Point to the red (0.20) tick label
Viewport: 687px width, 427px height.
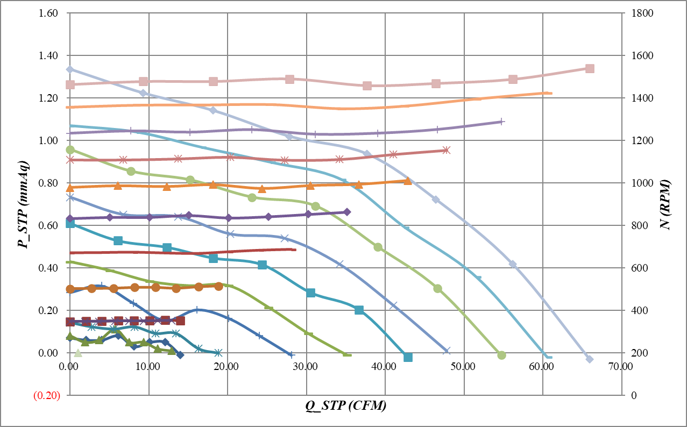point(47,396)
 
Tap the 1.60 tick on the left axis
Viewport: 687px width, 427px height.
point(49,13)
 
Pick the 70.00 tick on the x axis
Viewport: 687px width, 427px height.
point(621,366)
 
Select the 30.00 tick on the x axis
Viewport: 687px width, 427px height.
point(306,366)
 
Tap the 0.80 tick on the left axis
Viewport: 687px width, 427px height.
point(49,183)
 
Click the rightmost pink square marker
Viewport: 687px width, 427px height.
point(590,69)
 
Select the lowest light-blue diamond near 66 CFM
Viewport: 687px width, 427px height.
point(589,359)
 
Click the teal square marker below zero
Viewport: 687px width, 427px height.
point(408,357)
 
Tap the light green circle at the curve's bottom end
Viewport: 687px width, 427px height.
point(501,355)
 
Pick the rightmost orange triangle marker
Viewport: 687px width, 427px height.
point(407,181)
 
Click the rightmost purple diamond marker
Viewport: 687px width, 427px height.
point(347,212)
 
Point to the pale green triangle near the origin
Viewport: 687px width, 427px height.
point(77,353)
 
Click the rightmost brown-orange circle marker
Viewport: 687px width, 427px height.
point(218,287)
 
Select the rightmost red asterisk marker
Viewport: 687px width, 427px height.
point(446,150)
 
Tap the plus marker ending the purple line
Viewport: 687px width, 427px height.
point(501,122)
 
